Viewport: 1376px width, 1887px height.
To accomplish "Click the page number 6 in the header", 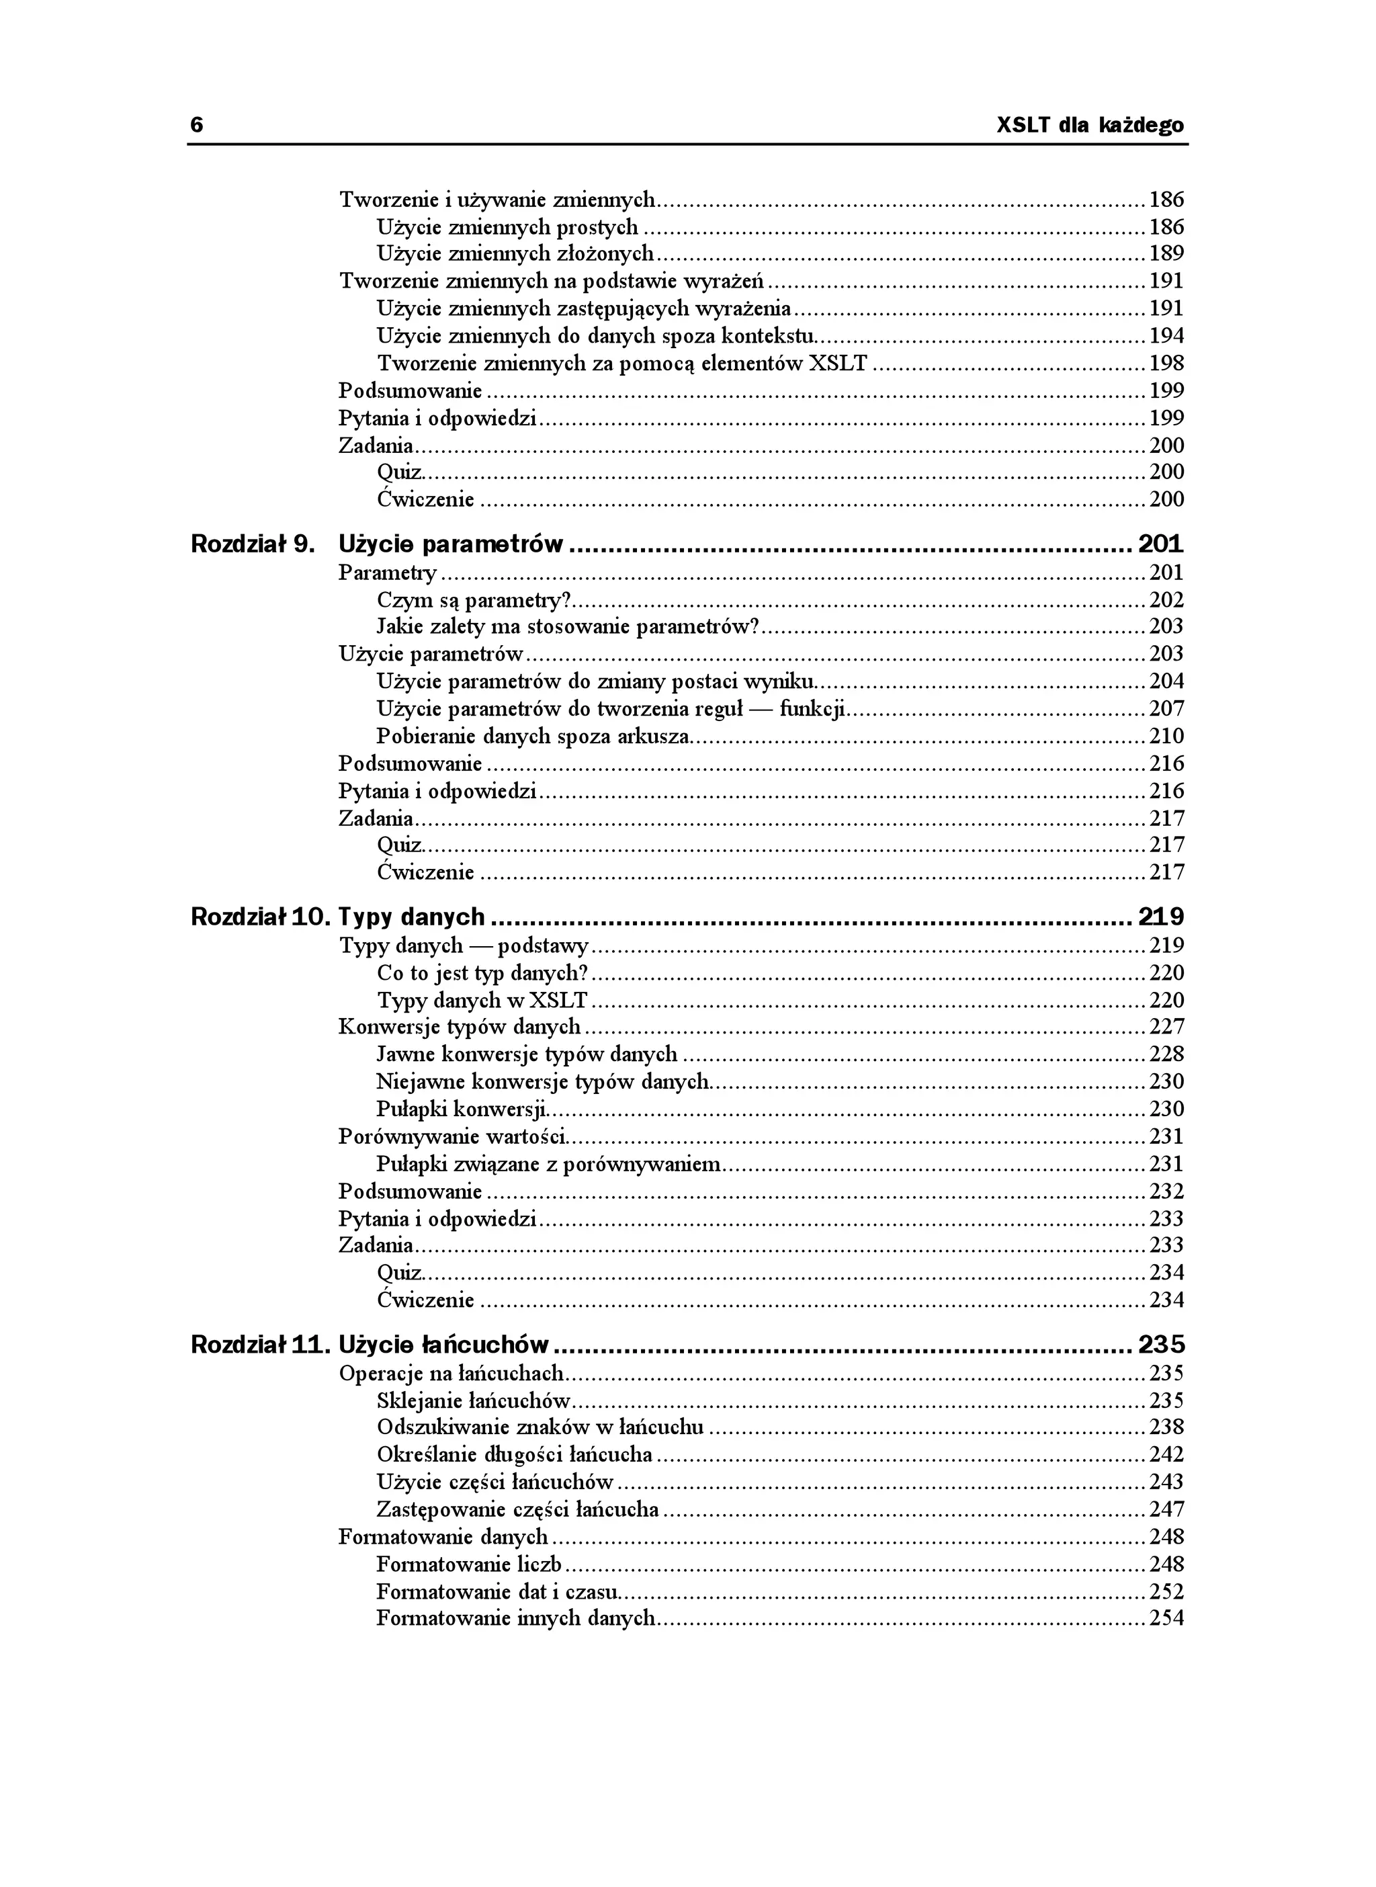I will click(197, 125).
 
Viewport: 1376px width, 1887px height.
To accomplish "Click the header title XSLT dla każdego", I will click(1090, 126).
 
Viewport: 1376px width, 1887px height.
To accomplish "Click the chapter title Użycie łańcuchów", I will click(444, 1345).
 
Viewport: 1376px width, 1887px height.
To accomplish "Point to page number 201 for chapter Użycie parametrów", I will click(1160, 544).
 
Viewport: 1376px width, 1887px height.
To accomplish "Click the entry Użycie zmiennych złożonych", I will click(515, 253).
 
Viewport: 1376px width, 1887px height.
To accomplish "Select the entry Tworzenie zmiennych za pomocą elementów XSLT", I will click(622, 364).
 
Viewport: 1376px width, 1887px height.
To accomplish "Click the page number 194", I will click(1166, 336).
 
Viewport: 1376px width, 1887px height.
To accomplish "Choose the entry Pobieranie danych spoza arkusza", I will click(533, 736).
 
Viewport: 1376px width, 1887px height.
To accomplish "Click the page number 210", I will click(1166, 736).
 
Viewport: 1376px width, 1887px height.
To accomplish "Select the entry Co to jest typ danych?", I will click(482, 973).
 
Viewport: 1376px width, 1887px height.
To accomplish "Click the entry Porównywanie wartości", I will click(452, 1136).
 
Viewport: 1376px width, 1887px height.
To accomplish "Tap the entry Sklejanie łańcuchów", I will click(473, 1400).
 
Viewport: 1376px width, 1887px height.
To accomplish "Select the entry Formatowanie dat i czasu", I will click(497, 1591).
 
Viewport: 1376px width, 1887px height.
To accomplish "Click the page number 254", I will click(1166, 1618).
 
